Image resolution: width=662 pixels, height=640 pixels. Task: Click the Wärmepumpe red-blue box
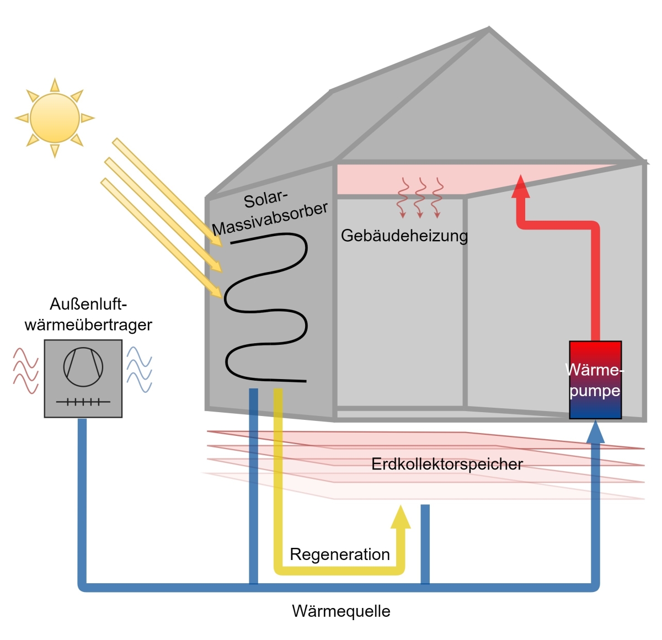coord(595,380)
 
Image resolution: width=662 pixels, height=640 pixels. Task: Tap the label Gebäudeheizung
coord(404,236)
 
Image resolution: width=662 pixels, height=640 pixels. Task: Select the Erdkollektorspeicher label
coord(447,464)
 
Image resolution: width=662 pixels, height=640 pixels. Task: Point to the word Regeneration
coord(340,554)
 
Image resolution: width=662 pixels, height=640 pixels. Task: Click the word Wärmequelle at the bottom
coord(341,611)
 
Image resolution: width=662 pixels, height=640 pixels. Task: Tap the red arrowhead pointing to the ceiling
coord(521,186)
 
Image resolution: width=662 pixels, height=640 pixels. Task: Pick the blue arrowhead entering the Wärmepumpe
coord(595,432)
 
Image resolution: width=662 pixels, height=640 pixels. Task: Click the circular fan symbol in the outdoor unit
coord(83,366)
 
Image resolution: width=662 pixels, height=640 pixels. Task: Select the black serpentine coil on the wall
coord(266,309)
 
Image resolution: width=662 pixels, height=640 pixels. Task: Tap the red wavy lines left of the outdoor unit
coord(25,370)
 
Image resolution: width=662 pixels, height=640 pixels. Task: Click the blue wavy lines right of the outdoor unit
coord(139,369)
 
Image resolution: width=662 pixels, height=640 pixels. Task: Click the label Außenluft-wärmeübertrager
coord(88,314)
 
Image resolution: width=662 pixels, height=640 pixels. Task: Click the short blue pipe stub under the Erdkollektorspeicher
coord(425,543)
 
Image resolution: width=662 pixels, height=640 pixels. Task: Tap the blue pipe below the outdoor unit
coord(82,497)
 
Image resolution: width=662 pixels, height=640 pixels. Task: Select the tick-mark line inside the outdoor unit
coord(83,402)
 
